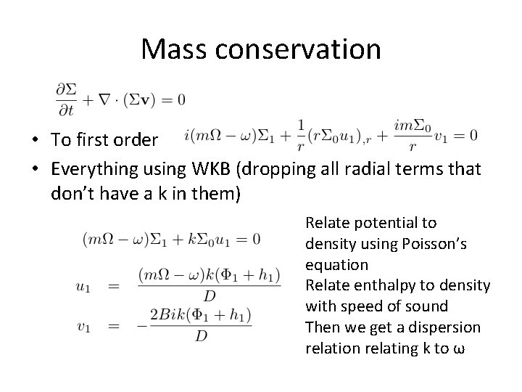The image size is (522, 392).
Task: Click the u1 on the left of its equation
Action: coord(83,286)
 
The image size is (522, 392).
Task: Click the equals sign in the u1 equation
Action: coord(113,286)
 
